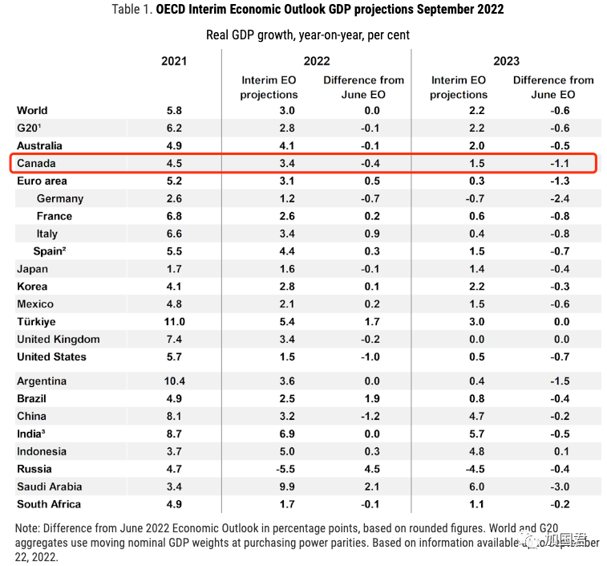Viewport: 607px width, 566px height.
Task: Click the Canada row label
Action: pos(36,163)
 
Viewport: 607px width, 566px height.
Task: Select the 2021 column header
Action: pos(174,61)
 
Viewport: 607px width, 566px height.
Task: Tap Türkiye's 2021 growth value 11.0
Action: pos(174,321)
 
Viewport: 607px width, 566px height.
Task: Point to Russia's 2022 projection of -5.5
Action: pos(287,469)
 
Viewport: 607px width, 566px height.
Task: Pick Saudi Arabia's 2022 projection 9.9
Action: pos(287,487)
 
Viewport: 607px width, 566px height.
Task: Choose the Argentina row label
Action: pos(42,381)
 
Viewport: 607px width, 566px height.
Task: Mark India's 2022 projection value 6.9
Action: pos(287,434)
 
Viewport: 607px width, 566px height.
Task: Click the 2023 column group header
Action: pos(506,61)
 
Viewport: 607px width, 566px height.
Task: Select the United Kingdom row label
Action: pos(59,339)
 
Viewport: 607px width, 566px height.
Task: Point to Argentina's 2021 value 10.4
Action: pos(174,381)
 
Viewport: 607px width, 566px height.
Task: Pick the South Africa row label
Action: pos(49,504)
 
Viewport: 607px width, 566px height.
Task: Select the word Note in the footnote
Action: pos(29,528)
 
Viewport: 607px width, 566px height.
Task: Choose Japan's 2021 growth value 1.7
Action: pos(174,269)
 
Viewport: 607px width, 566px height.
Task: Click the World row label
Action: pos(32,110)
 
